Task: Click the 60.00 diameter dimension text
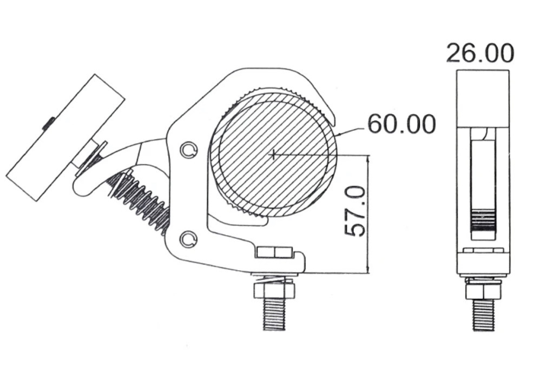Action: pos(401,124)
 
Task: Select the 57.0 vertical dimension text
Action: pos(355,211)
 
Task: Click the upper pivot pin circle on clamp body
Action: pos(189,150)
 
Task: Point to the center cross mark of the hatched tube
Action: pos(274,155)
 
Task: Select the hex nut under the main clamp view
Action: pos(274,291)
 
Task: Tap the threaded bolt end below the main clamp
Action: pos(274,314)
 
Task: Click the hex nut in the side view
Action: pos(483,291)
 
